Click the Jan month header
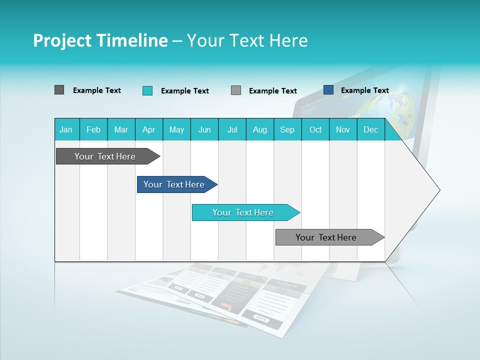(x=66, y=129)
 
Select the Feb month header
(x=93, y=129)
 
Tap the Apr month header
(x=148, y=129)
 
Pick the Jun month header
(x=204, y=129)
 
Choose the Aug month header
(x=259, y=129)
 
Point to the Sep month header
(x=287, y=129)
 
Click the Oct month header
(x=315, y=129)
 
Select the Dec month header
(x=370, y=129)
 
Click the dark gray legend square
(x=59, y=90)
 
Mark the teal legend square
(x=147, y=90)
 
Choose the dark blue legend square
(x=328, y=90)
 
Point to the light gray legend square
(x=236, y=90)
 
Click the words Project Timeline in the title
(x=100, y=40)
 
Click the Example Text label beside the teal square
(x=184, y=91)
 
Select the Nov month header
(x=343, y=129)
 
